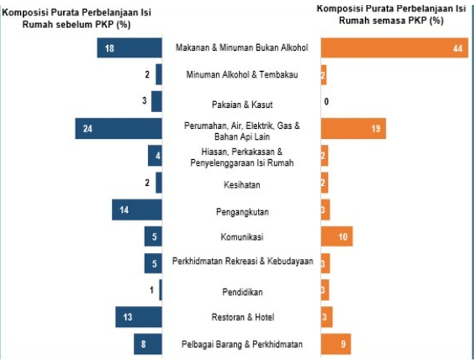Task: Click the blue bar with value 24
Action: [x=118, y=129]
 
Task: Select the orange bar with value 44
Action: [x=394, y=47]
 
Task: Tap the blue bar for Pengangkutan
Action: [x=137, y=210]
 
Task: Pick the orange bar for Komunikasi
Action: [x=337, y=237]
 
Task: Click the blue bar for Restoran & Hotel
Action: [x=139, y=317]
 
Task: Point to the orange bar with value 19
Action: [x=353, y=129]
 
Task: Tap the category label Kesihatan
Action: [x=242, y=185]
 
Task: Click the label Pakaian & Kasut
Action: [x=242, y=104]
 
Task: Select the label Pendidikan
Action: [x=242, y=292]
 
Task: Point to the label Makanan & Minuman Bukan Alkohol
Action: [x=242, y=48]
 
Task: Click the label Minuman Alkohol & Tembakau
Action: [x=242, y=74]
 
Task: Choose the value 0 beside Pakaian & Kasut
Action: [x=326, y=102]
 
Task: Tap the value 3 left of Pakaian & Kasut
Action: [x=144, y=101]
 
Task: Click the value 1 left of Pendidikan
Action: [x=151, y=290]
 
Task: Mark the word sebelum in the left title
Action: [x=89, y=24]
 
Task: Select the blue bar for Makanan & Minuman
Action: [x=129, y=47]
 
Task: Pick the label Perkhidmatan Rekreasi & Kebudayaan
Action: [x=242, y=262]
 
